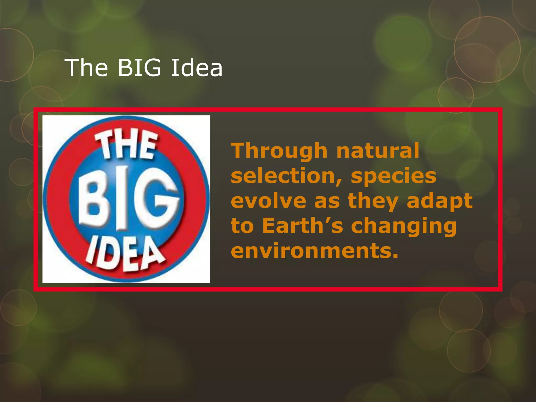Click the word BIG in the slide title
(x=139, y=68)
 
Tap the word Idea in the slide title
(x=197, y=68)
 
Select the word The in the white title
(x=87, y=68)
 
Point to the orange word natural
(x=378, y=151)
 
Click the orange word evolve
(x=269, y=201)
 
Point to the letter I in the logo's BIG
(x=122, y=199)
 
